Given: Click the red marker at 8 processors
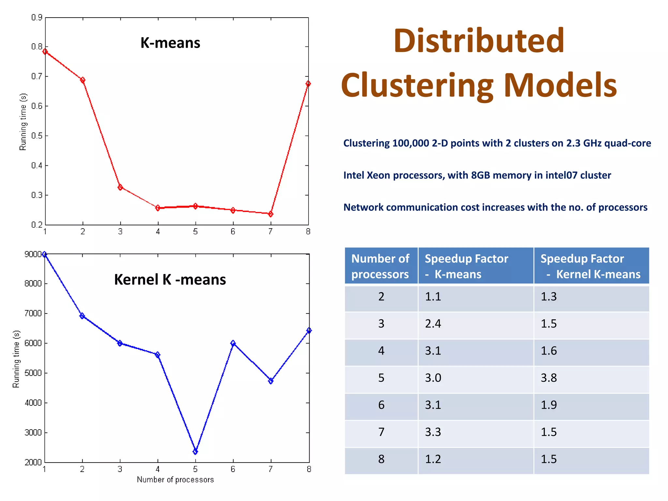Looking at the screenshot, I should [308, 84].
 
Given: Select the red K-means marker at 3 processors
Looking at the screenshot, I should [120, 187].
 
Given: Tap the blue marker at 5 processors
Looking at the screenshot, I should [195, 451].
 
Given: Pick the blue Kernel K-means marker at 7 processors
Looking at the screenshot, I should [271, 381].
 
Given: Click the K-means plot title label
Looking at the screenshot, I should [170, 43].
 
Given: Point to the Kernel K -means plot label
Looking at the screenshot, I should [170, 280].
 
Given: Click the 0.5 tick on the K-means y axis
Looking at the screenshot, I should [37, 136].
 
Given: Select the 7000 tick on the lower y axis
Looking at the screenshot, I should [33, 313].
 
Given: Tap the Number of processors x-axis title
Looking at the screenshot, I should [175, 479].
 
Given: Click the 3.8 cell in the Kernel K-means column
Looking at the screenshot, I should [549, 378].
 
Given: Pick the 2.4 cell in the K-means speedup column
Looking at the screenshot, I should [433, 324].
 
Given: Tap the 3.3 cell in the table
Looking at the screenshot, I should [433, 432].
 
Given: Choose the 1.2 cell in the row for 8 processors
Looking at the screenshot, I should [433, 459].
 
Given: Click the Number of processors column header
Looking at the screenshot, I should [380, 266].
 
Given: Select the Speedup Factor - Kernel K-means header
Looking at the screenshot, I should [590, 266].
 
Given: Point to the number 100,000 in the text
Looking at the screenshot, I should [411, 144].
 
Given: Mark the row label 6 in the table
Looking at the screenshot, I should [381, 405].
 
